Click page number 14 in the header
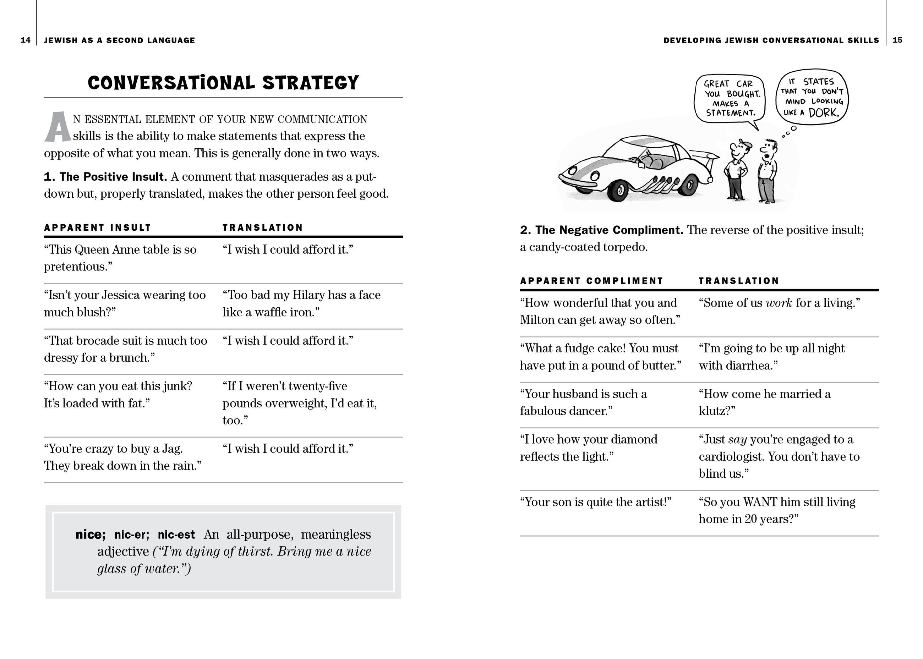(25, 40)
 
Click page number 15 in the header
(897, 40)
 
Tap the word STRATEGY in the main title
(311, 83)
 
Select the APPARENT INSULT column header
(97, 227)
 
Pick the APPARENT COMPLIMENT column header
(591, 281)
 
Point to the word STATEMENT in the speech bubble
(731, 113)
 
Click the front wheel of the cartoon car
(619, 190)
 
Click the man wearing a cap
(737, 170)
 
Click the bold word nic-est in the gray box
(176, 535)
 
